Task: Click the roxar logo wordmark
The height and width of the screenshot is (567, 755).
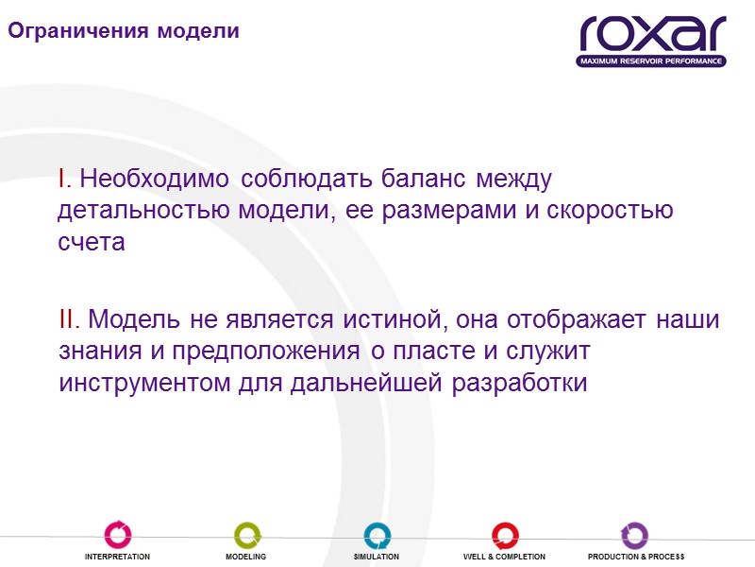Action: [652, 34]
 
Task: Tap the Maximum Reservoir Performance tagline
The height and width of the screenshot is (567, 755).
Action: [651, 61]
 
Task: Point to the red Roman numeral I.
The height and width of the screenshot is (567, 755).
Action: [61, 178]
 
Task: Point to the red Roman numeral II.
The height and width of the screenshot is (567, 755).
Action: [69, 319]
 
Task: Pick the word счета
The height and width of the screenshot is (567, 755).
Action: [92, 242]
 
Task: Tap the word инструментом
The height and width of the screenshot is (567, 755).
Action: [146, 384]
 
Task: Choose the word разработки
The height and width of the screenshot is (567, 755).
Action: [522, 384]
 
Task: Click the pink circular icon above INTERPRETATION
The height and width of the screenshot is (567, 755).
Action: [118, 535]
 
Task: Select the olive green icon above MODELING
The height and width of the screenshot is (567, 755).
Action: [246, 535]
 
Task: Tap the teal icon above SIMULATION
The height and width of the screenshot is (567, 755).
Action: [377, 535]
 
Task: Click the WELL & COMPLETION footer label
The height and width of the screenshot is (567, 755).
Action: [504, 558]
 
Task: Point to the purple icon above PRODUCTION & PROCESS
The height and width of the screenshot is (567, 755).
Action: [634, 535]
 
